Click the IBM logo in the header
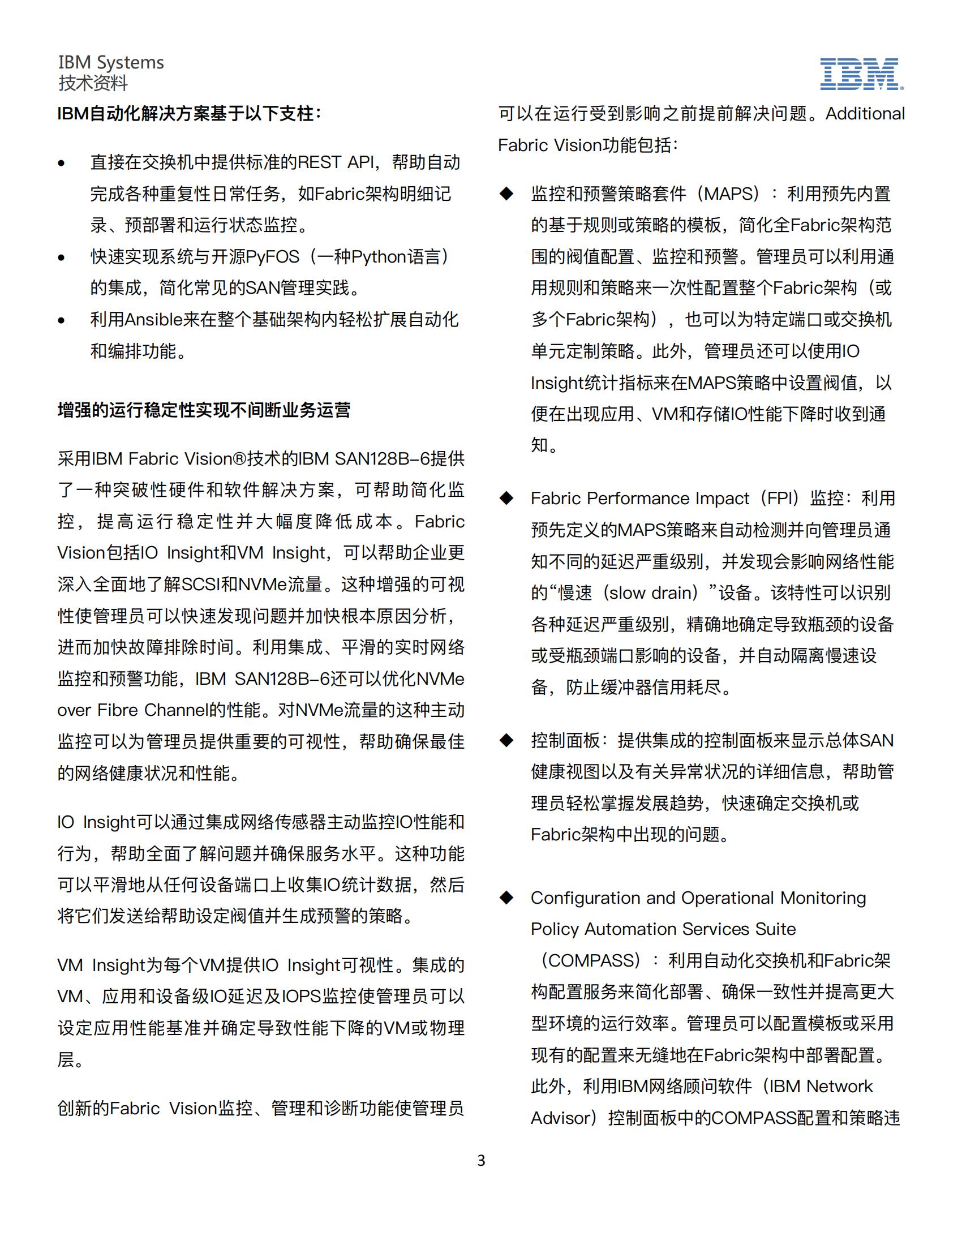coord(861,74)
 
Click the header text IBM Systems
coord(111,62)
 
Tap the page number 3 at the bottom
coord(481,1161)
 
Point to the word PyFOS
coord(272,257)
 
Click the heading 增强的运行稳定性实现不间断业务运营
coord(204,410)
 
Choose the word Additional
coord(865,114)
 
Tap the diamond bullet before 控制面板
coord(506,741)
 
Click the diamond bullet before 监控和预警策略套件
coord(506,194)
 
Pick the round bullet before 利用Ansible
coord(62,320)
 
